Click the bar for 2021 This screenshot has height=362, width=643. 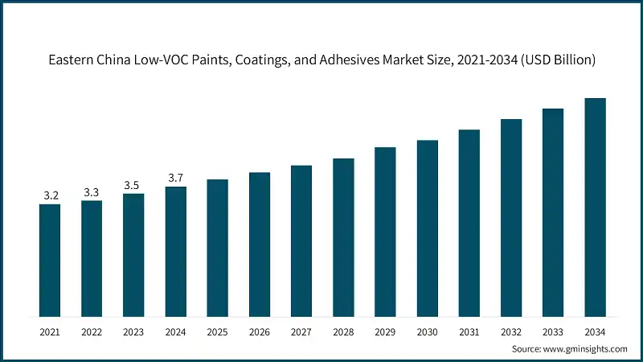tap(50, 260)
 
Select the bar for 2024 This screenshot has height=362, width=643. tap(175, 251)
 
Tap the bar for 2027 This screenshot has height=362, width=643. tap(301, 241)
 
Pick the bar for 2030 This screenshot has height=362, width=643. tap(427, 228)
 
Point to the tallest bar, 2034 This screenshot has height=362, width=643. tap(595, 207)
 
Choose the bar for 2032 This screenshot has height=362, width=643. tap(511, 217)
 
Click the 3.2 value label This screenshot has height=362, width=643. tap(50, 195)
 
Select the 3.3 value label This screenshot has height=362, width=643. tap(92, 192)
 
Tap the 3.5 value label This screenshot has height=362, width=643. tap(133, 185)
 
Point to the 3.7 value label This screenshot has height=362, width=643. tap(175, 178)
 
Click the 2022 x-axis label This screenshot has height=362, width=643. tap(92, 331)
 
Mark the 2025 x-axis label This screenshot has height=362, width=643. tap(217, 331)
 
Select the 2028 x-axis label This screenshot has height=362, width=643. tap(343, 331)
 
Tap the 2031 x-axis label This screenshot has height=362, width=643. tap(469, 331)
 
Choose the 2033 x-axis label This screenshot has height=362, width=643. tap(553, 331)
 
